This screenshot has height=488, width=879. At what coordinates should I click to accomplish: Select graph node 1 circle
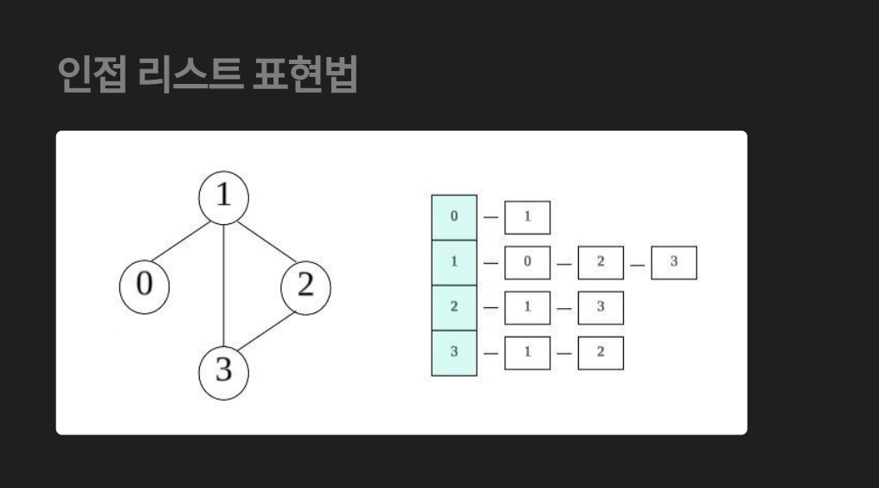pyautogui.click(x=224, y=196)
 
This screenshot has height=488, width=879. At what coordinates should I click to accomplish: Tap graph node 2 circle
pyautogui.click(x=305, y=286)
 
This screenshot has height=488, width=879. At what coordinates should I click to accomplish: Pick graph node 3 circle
pyautogui.click(x=224, y=373)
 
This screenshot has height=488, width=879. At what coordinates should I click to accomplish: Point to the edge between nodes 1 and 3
pyautogui.click(x=224, y=286)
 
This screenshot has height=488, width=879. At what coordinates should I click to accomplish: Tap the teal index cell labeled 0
pyautogui.click(x=454, y=217)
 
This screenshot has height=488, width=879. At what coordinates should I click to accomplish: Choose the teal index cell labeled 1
pyautogui.click(x=454, y=262)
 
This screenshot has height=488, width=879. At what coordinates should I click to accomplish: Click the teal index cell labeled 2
pyautogui.click(x=454, y=307)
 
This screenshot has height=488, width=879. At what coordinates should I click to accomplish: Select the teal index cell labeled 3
pyautogui.click(x=454, y=352)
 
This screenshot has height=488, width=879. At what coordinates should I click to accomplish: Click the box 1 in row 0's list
pyautogui.click(x=527, y=217)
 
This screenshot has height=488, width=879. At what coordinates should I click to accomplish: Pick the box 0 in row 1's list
pyautogui.click(x=527, y=262)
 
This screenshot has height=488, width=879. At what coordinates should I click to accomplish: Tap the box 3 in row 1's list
pyautogui.click(x=673, y=262)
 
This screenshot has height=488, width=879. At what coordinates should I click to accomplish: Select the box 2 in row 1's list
pyautogui.click(x=600, y=262)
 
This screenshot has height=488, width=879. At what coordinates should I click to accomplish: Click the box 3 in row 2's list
pyautogui.click(x=600, y=307)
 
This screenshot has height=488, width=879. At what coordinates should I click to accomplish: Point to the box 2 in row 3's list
pyautogui.click(x=600, y=352)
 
